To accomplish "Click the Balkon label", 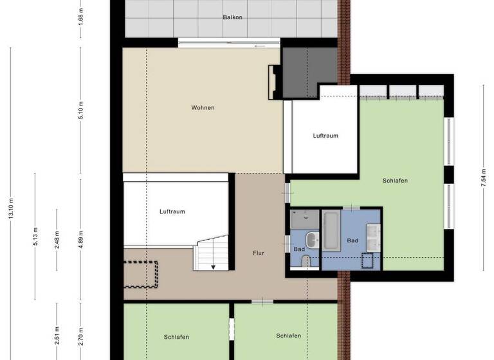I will [233, 17].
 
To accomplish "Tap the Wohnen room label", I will [203, 107].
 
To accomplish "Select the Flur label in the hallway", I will [258, 253].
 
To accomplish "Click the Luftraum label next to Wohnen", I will [325, 136].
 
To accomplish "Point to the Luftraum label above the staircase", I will [172, 211].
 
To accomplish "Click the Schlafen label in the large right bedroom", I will [394, 181].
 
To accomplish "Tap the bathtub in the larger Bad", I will [331, 230].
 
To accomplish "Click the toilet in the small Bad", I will [306, 261].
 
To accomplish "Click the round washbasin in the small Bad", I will [312, 240].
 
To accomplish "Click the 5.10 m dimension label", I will [80, 111].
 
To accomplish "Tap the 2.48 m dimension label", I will [57, 241].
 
